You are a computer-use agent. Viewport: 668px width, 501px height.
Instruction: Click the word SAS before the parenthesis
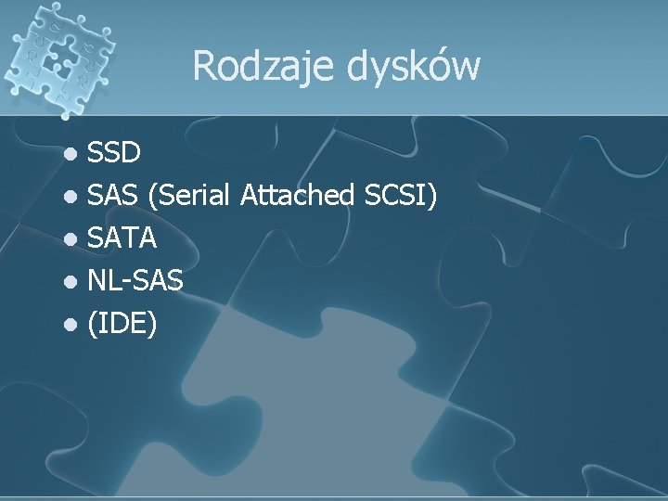tap(112, 195)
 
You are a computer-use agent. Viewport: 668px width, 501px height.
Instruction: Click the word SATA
tap(122, 238)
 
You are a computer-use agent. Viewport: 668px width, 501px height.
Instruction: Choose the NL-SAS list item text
tap(135, 282)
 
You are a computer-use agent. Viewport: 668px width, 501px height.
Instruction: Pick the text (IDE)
tap(122, 325)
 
